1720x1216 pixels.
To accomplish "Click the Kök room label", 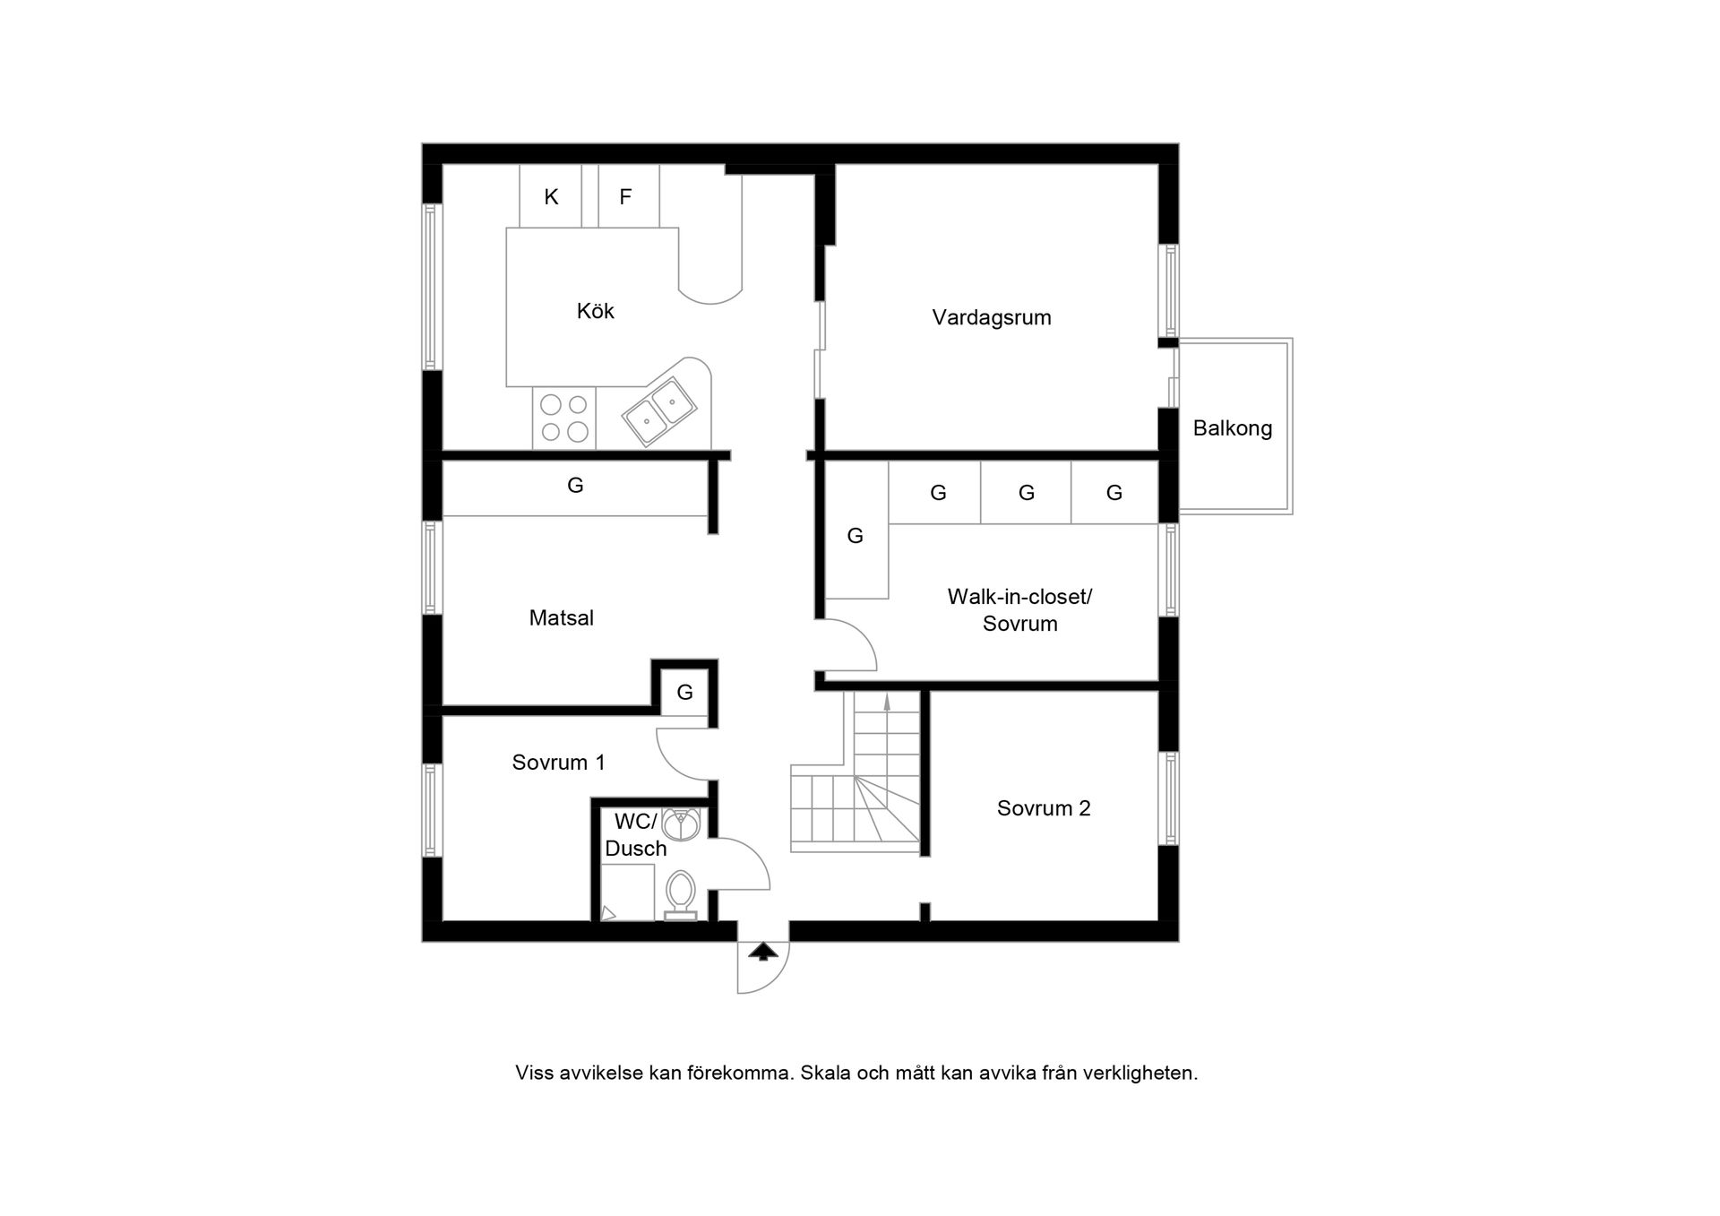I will pyautogui.click(x=595, y=311).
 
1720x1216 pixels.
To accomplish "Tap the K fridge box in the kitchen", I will pyautogui.click(x=551, y=196).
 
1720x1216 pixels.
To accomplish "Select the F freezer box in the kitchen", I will pyautogui.click(x=625, y=196).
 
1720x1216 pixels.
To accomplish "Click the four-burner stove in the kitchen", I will pyautogui.click(x=564, y=418).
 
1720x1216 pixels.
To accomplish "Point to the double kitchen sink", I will pyautogui.click(x=659, y=411).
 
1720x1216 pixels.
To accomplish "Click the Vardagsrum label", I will pyautogui.click(x=991, y=317).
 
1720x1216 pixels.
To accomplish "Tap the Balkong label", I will pyautogui.click(x=1232, y=428).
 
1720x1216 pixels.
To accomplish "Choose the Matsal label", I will pyautogui.click(x=561, y=617).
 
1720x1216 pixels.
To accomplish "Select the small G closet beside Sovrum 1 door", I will pyautogui.click(x=684, y=692).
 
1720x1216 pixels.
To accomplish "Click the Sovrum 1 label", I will pyautogui.click(x=558, y=763).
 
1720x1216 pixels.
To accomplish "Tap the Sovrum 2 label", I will pyautogui.click(x=1043, y=808).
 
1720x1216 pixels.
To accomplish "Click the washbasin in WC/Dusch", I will pyautogui.click(x=682, y=824).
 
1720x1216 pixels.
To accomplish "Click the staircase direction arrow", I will pyautogui.click(x=887, y=703).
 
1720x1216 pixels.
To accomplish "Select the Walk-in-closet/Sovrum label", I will pyautogui.click(x=1019, y=610).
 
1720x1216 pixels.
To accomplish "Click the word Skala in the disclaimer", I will pyautogui.click(x=824, y=1073).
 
